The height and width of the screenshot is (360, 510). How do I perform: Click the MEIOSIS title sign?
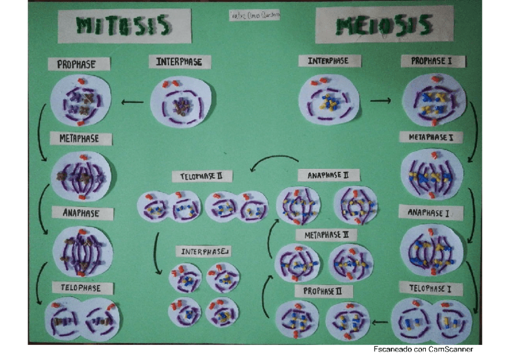[384, 25]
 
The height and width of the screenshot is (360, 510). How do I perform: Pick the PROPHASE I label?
[433, 61]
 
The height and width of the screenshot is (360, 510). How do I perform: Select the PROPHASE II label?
[323, 291]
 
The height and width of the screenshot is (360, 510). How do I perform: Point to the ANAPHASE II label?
[328, 175]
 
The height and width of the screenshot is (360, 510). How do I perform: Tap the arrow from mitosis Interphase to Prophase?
[132, 102]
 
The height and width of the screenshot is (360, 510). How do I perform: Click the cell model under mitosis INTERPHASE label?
[182, 100]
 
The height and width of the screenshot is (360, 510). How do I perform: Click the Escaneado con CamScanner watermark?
[423, 349]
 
